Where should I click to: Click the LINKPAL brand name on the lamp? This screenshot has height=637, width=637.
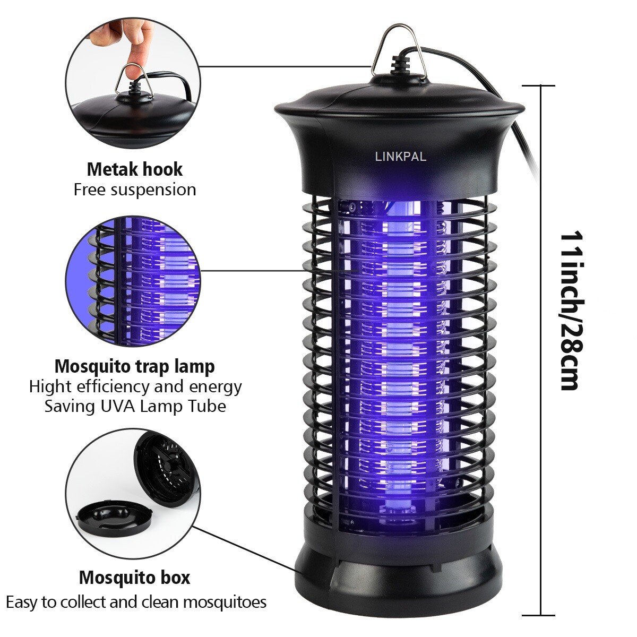(400, 157)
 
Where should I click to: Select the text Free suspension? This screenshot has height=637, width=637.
(135, 190)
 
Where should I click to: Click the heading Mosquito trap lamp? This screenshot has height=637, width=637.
(135, 366)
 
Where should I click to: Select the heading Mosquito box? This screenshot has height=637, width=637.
(135, 577)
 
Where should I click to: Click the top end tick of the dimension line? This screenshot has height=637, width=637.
(540, 85)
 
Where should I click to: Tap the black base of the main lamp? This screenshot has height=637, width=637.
(398, 579)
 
